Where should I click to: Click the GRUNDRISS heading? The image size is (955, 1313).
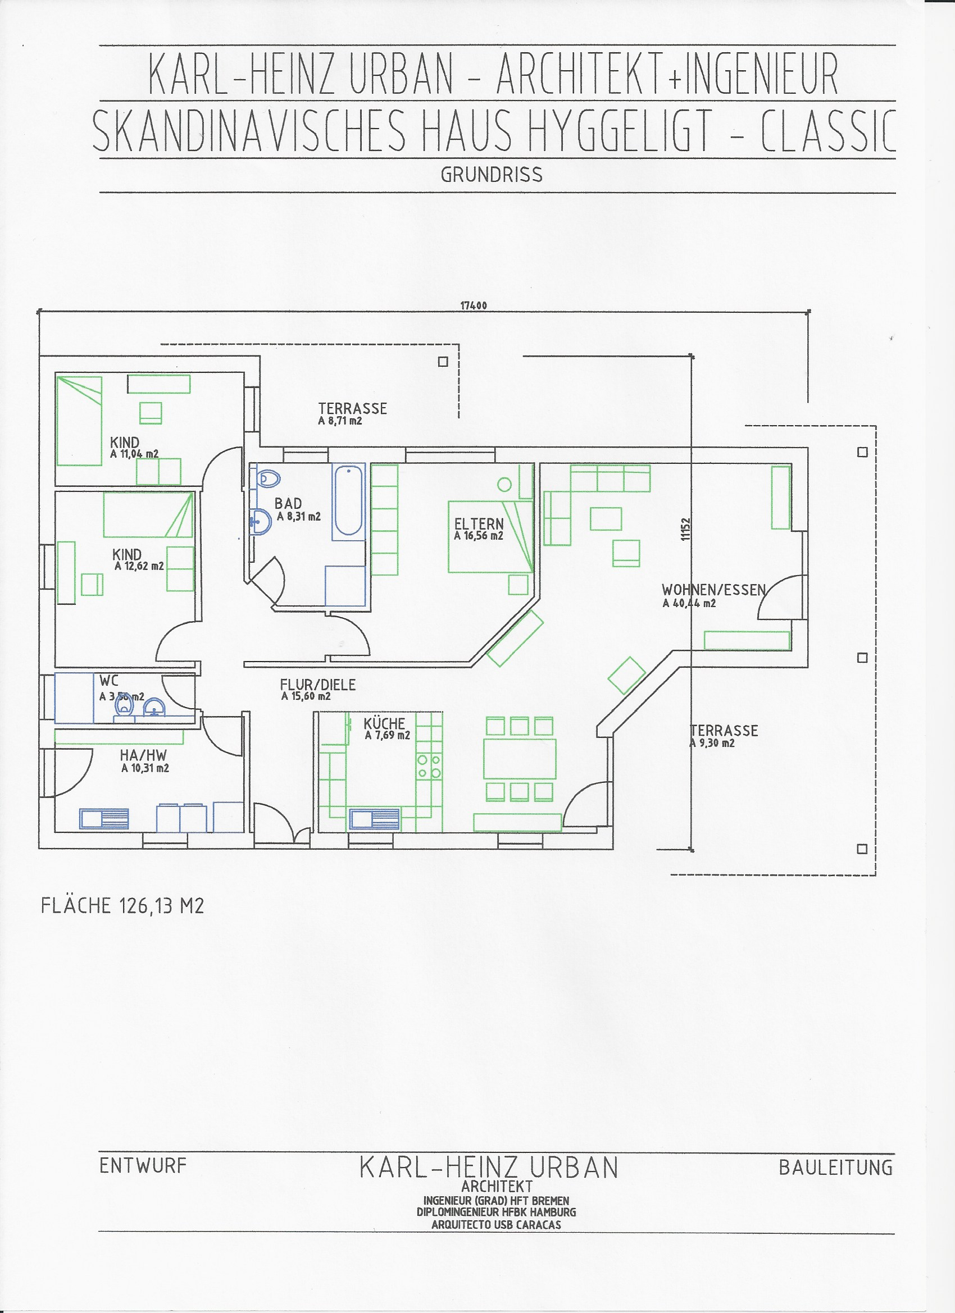[492, 175]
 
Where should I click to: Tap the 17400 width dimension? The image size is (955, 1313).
[473, 306]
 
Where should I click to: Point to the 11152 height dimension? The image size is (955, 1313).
[685, 529]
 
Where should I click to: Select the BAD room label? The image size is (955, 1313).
[288, 504]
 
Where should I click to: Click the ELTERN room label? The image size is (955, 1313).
[479, 524]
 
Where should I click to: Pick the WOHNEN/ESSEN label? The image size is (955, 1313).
[713, 590]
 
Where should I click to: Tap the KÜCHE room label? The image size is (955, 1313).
[385, 723]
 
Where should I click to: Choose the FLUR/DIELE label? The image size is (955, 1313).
[318, 685]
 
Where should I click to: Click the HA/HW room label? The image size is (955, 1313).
[143, 755]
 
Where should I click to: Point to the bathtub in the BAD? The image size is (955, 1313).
[348, 502]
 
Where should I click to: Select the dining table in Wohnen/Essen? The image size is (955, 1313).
[520, 758]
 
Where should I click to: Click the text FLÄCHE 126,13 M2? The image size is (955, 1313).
[122, 906]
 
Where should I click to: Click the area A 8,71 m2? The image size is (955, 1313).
[340, 421]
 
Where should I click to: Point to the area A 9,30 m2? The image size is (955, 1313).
[713, 744]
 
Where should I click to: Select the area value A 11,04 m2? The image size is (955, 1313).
[134, 454]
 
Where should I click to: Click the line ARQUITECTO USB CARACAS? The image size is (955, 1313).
[497, 1224]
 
